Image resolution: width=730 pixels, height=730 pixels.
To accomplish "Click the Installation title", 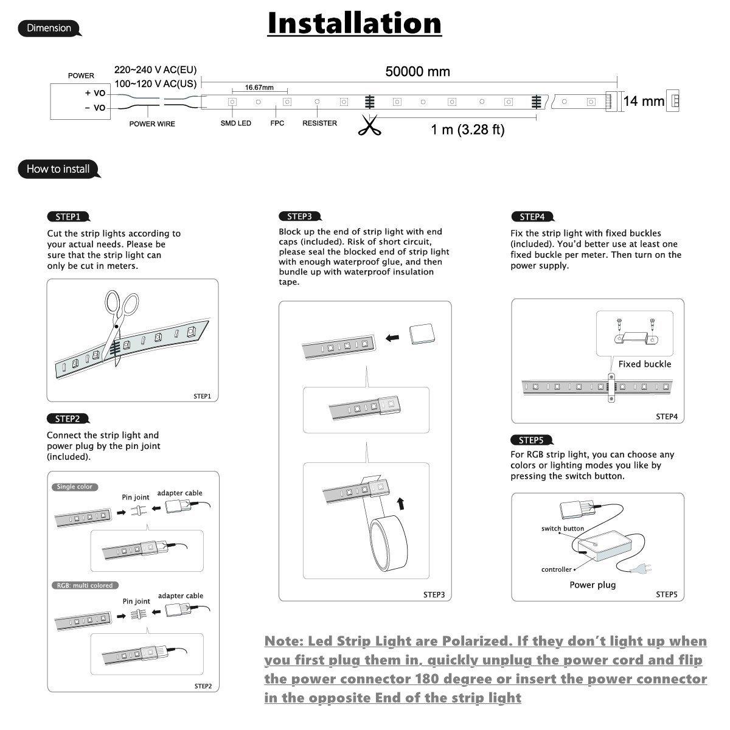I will point(355,23).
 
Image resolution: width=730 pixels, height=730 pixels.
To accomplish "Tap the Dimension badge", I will point(49,28).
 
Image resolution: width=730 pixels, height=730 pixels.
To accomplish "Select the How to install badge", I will point(58,169).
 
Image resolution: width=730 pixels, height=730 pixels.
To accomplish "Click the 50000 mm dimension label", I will point(417,72).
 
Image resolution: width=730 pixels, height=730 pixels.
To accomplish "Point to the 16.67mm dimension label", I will point(259,88).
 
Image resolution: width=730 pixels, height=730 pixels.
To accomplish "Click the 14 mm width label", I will point(644,101).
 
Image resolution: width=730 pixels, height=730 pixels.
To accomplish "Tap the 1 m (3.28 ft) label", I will point(467,130).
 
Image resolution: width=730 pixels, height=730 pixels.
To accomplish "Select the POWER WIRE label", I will point(152,124).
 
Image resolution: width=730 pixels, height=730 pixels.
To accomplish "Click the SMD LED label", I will point(235,123).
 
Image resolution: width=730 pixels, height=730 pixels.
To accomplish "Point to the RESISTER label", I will point(319,123).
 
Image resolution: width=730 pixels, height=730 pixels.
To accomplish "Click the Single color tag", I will point(75,487).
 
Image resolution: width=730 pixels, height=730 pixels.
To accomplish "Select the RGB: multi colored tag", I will point(85,585).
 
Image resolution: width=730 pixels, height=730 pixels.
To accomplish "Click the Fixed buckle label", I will point(644,364).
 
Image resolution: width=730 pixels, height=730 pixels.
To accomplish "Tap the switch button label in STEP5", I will point(562,529).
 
